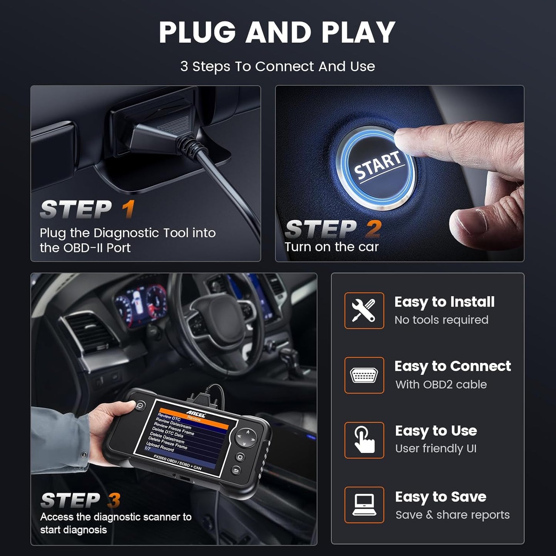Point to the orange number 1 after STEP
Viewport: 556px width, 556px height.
tap(128, 209)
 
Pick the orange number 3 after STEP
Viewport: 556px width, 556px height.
tap(114, 500)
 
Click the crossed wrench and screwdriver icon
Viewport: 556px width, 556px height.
tap(364, 311)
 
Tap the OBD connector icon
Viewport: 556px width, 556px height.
tap(364, 375)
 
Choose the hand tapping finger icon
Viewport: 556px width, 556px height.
tap(364, 440)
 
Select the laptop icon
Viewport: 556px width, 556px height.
tap(364, 505)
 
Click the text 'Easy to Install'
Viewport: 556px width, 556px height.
tap(444, 302)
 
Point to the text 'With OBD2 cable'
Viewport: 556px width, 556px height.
tap(441, 384)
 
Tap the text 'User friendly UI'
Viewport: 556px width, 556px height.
tap(436, 449)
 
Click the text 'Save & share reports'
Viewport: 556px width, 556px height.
tap(452, 515)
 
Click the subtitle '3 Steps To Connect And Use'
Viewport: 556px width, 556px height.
tap(277, 67)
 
